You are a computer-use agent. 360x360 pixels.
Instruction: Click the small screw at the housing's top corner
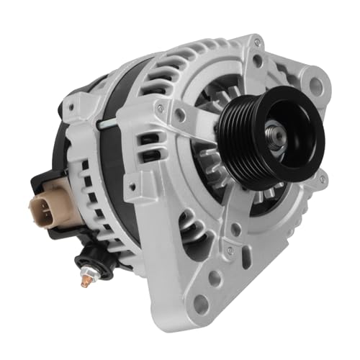pyautogui.click(x=257, y=43)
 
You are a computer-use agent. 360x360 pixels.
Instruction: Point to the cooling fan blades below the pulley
pyautogui.click(x=216, y=194)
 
